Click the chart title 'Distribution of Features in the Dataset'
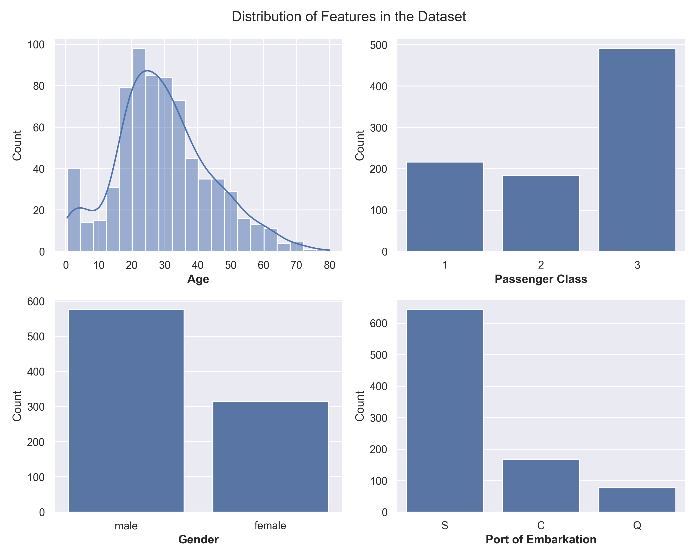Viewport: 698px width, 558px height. tap(349, 17)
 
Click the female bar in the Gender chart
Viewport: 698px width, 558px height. tap(270, 456)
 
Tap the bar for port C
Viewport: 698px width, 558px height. tap(541, 485)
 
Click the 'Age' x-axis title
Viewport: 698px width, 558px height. tap(198, 279)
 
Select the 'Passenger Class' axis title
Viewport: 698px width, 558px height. tap(541, 279)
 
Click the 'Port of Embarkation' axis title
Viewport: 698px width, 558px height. tap(541, 540)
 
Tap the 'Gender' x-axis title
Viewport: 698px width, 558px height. tap(198, 540)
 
